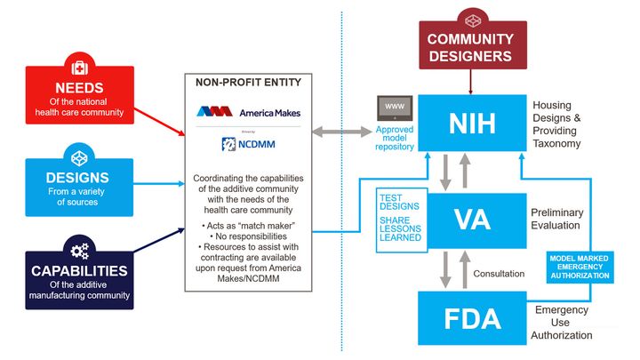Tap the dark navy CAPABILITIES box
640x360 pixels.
tap(80, 277)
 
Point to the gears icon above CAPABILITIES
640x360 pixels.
tap(80, 250)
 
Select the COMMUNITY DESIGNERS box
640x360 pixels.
tap(469, 45)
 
